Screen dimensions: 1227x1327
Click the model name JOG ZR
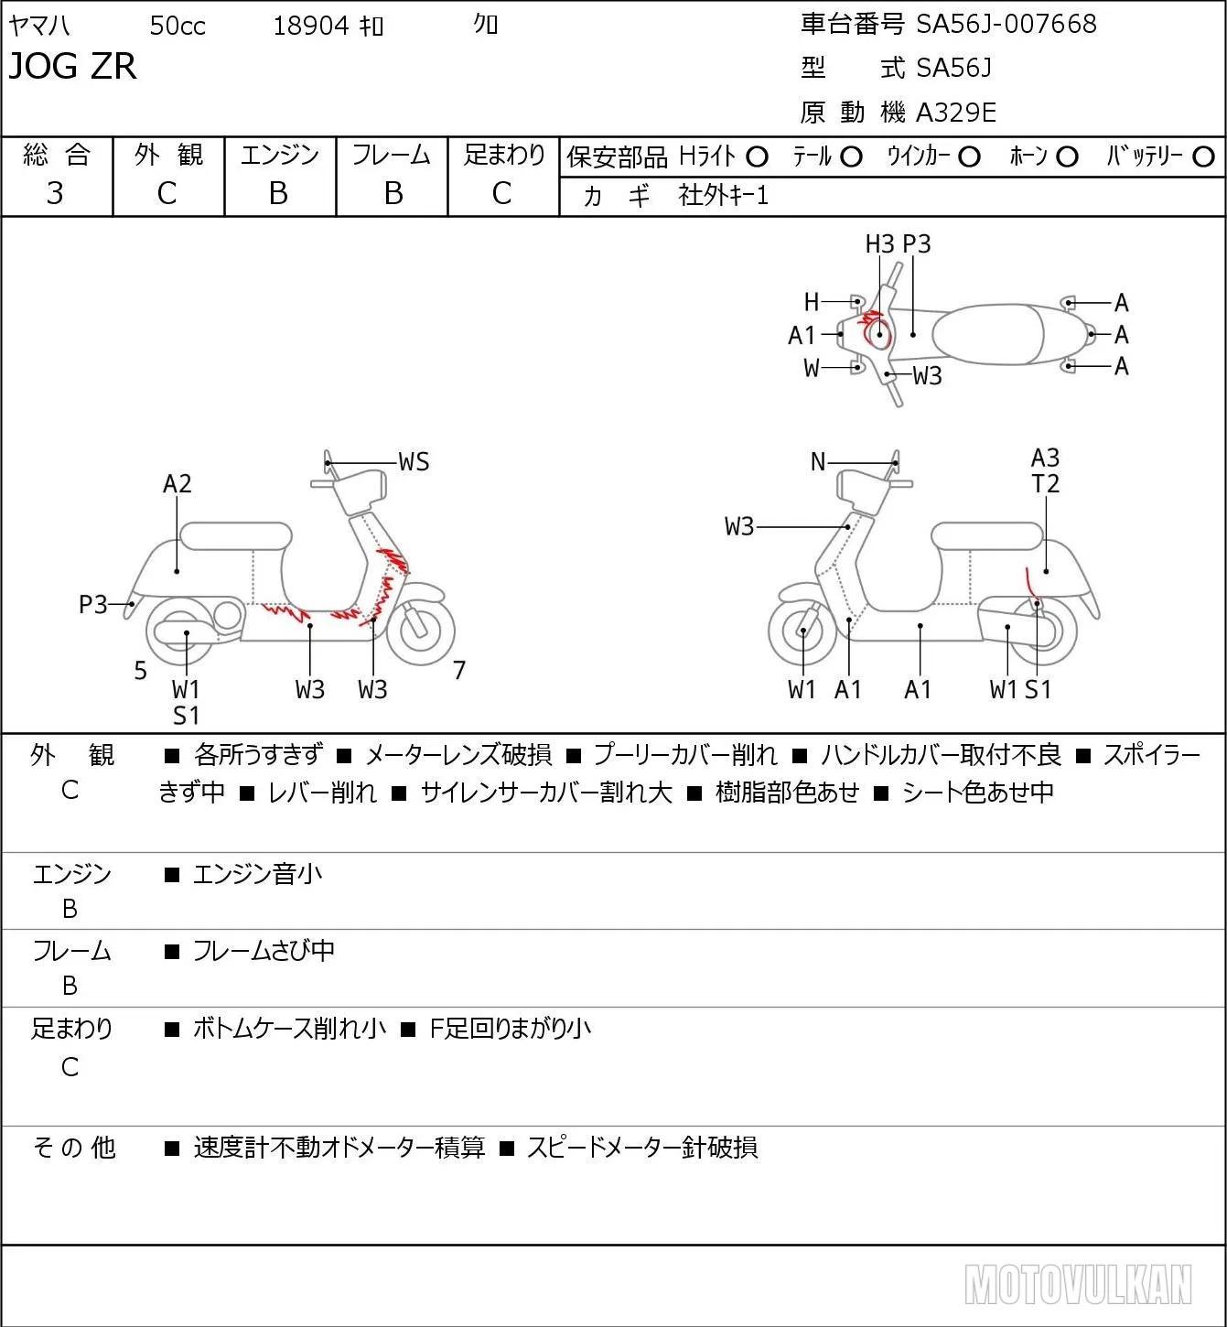72,66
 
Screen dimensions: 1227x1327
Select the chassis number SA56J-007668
1006,25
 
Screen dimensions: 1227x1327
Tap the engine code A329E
955,113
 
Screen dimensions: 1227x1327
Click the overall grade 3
55,193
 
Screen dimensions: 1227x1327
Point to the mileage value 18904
311,26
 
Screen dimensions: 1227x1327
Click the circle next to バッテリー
1203,157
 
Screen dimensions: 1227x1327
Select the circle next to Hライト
757,157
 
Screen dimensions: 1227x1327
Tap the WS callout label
414,462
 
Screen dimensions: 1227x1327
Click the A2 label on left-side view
178,483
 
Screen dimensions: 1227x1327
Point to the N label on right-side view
818,462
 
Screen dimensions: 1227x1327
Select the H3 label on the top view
879,243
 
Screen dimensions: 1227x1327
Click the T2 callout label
1045,483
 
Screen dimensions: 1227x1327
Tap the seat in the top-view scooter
988,334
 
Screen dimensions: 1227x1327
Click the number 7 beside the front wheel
459,670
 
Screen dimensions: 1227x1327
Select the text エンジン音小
257,874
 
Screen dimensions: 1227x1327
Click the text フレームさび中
264,951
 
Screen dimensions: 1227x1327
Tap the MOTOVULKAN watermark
1078,1284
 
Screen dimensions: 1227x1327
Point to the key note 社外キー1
723,196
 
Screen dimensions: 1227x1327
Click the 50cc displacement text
178,26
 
